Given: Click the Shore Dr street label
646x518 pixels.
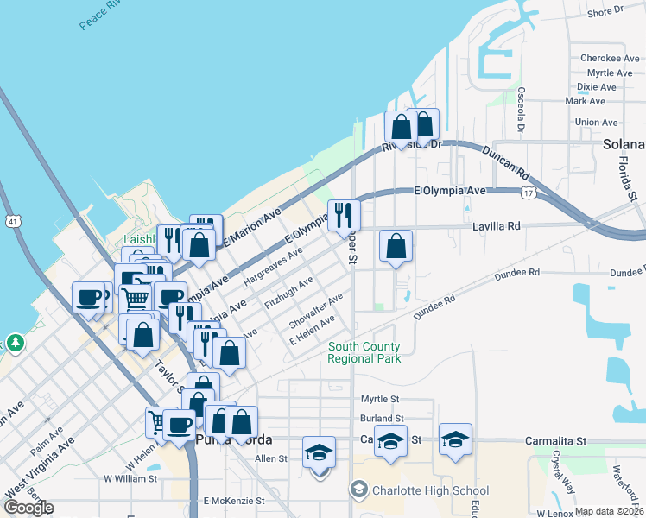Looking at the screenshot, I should (605, 12).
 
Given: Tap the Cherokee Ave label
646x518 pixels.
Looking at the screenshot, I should (598, 58).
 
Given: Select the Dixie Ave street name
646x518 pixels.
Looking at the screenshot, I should (596, 87).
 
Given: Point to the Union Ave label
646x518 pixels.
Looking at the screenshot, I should (596, 123).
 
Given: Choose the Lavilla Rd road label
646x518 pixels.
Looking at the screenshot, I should (497, 226).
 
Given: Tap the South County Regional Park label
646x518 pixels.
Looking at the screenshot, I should (364, 352).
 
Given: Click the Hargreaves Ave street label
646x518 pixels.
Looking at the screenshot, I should (272, 268).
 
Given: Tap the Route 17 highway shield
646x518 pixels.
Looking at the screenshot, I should (527, 193).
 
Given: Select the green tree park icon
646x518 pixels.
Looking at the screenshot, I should (15, 343).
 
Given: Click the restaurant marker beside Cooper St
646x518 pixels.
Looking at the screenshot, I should (344, 214).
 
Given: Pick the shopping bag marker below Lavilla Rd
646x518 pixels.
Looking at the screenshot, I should (396, 246).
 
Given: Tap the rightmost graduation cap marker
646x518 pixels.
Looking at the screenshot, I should (455, 439).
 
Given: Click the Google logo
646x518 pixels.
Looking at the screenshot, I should (28, 508).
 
